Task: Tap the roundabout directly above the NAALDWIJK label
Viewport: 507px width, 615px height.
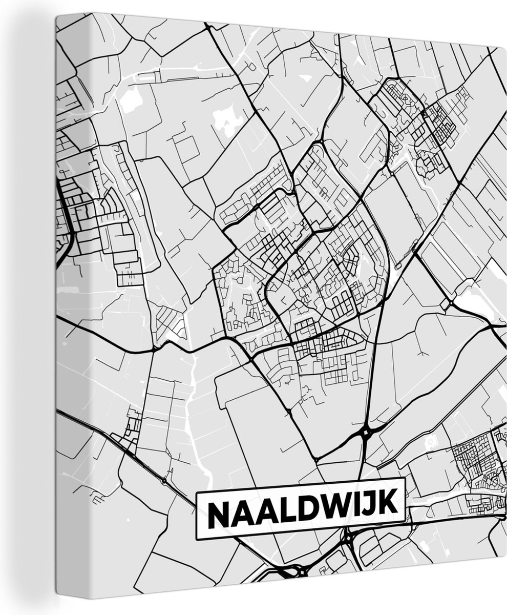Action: pyautogui.click(x=366, y=433)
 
